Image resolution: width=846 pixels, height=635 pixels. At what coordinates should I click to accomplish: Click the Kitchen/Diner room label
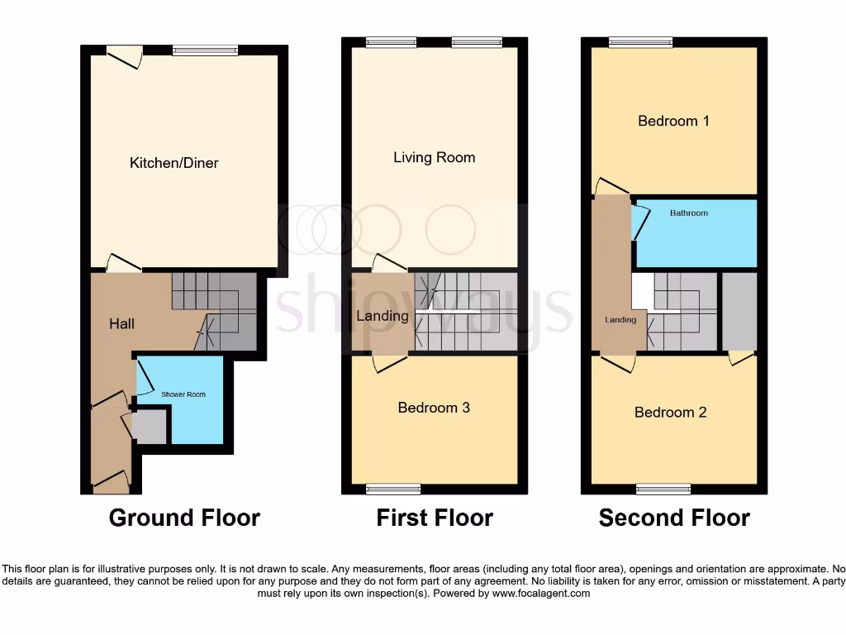174,163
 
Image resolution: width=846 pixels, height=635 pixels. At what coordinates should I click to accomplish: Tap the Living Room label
434,157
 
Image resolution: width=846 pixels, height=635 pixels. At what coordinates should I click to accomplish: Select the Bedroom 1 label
673,121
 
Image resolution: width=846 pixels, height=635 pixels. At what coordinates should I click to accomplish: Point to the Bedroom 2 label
670,412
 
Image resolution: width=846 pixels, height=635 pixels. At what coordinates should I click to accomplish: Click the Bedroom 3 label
434,408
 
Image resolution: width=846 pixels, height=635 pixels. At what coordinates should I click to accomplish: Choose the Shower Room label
183,394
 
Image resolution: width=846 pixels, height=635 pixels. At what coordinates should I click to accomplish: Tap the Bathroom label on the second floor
688,213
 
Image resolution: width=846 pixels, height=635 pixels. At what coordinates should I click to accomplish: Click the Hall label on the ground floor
121,324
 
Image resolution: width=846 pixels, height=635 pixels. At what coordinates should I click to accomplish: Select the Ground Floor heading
184,518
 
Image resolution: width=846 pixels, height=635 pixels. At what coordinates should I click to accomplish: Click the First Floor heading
435,518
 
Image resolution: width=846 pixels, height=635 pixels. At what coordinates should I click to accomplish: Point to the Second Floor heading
674,518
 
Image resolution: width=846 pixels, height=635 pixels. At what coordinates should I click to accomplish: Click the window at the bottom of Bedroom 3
393,489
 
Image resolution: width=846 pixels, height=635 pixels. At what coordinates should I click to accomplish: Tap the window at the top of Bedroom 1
640,43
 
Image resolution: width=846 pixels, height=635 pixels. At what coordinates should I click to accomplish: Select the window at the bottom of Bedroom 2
663,489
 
